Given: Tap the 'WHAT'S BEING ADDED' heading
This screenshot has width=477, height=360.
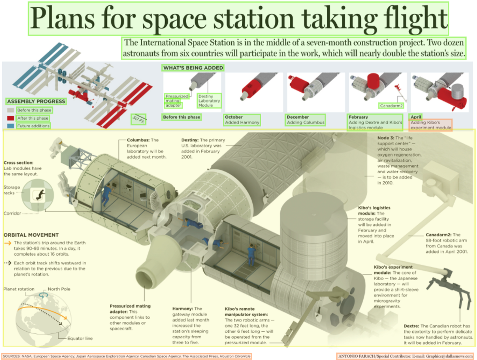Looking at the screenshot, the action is coord(193,68).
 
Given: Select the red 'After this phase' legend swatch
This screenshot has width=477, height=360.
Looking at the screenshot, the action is coord(11,118).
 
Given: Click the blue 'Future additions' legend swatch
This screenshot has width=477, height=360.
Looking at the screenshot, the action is coord(11,126).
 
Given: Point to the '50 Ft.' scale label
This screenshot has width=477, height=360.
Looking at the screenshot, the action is coord(138,119).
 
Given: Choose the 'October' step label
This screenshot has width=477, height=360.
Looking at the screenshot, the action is coord(234,117).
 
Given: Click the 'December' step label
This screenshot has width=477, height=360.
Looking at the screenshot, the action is coord(297,117).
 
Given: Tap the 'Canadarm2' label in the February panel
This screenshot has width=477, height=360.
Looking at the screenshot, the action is coord(391,106).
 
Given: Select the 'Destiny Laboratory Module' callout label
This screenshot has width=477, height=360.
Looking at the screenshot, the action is coord(209,101).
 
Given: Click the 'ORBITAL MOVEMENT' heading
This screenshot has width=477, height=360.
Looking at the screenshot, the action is coord(31,235).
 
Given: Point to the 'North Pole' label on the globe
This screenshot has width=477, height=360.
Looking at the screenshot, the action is coord(59,289).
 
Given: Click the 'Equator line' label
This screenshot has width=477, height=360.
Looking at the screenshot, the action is coord(80,338).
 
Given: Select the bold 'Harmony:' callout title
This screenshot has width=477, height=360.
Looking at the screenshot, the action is coord(183,309).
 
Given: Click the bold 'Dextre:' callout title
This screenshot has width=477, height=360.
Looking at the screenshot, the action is coord(411,326).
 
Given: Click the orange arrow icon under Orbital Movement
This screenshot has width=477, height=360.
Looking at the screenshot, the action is coord(7,243).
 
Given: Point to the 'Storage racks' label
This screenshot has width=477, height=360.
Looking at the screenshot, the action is coord(12,190).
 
